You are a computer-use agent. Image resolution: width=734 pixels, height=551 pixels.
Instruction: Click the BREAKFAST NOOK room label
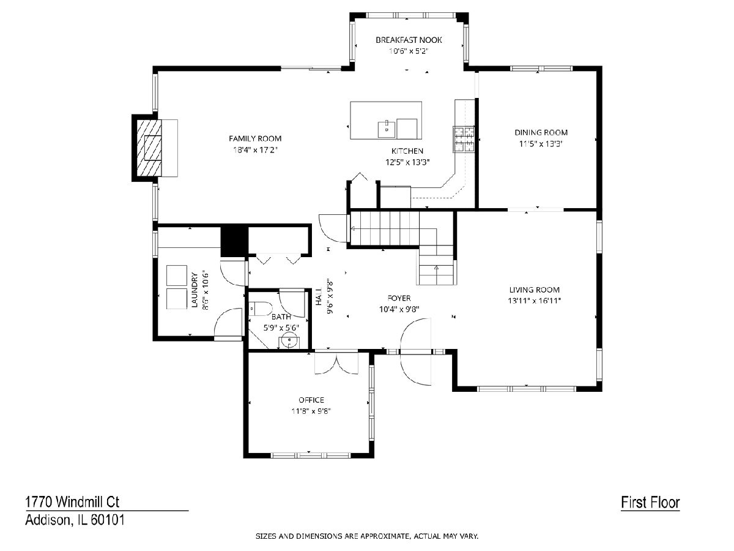(409, 40)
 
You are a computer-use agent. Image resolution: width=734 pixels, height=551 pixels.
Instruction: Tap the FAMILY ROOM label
(255, 138)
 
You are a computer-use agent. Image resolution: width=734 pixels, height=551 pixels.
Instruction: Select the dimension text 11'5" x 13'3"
(540, 144)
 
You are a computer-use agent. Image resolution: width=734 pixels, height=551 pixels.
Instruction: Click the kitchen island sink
(387, 129)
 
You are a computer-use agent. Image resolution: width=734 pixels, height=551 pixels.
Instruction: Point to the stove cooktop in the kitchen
(464, 139)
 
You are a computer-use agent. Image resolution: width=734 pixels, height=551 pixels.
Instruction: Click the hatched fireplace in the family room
(149, 148)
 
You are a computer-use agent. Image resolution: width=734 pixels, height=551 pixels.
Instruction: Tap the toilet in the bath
(260, 309)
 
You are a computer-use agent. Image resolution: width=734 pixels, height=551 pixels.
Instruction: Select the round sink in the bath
(289, 342)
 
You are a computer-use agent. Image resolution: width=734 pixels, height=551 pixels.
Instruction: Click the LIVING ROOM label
(534, 290)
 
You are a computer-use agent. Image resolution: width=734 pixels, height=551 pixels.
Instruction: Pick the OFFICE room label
(311, 400)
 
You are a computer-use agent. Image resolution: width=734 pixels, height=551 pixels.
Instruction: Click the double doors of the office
(336, 363)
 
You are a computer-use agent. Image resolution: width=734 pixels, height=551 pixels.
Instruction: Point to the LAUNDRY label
(195, 290)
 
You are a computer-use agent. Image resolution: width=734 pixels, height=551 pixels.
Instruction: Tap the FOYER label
(399, 298)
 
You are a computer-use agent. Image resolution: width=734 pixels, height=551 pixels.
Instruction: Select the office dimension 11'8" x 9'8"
(311, 411)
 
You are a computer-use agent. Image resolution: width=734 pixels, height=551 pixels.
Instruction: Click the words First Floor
(650, 503)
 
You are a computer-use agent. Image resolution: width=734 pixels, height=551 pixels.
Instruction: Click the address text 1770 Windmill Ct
(72, 502)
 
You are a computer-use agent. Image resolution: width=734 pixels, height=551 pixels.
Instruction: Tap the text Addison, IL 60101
(75, 520)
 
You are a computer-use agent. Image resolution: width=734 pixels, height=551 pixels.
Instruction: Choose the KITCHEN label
(407, 151)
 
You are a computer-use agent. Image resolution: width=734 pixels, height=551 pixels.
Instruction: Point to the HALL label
(319, 296)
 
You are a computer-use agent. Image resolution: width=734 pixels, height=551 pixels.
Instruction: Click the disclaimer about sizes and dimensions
(367, 536)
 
